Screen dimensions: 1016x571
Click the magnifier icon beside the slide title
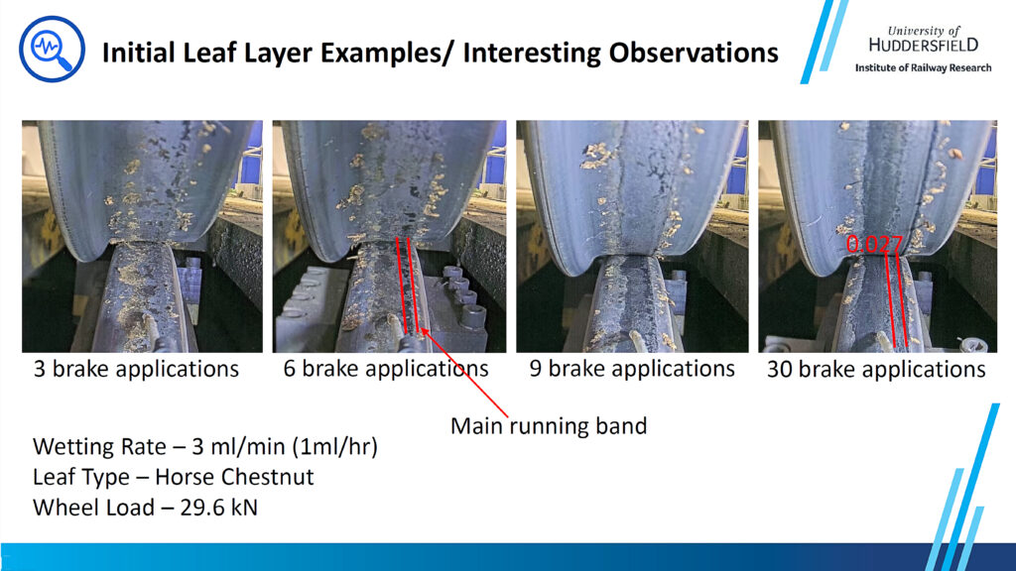click(x=52, y=50)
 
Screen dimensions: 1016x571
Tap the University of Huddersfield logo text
click(x=924, y=39)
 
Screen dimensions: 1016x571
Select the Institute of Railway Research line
click(x=924, y=67)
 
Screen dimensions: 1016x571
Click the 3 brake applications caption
click(x=136, y=369)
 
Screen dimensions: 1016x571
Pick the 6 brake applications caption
click(x=386, y=369)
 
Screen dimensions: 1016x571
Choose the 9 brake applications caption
click(x=632, y=369)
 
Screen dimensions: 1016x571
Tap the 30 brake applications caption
click(x=876, y=369)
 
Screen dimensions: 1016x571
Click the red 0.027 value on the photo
click(x=874, y=244)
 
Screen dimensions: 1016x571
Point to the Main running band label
click(x=549, y=426)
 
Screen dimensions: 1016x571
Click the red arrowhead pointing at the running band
click(x=424, y=332)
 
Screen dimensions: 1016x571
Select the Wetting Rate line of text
click(x=204, y=447)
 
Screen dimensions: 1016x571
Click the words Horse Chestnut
click(x=234, y=477)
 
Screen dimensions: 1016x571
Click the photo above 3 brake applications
click(x=143, y=236)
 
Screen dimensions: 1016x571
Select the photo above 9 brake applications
click(x=632, y=236)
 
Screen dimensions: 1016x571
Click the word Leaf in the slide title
click(x=209, y=53)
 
